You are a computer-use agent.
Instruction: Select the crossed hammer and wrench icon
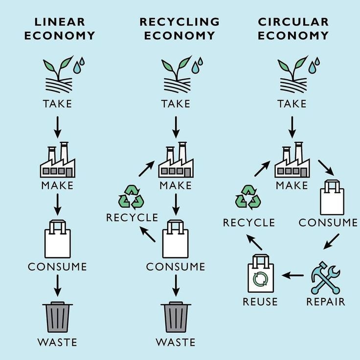point(325,277)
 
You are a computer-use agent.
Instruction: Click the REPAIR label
point(326,302)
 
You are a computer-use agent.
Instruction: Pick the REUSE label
point(260,302)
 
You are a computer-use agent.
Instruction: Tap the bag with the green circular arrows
point(260,275)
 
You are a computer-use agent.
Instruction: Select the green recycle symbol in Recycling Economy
point(131,197)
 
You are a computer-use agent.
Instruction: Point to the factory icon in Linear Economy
point(58,161)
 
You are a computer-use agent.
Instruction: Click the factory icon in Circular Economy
point(292,161)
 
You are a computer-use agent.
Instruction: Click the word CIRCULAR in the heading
point(293,22)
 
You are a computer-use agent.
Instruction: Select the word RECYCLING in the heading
point(180,22)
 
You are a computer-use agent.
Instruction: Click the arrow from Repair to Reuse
point(293,275)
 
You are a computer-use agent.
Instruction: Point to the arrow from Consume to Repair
point(332,241)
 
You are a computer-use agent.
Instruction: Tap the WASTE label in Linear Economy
point(58,342)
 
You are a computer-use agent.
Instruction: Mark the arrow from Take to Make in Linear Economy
point(58,127)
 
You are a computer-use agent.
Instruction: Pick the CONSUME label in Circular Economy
point(328,223)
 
